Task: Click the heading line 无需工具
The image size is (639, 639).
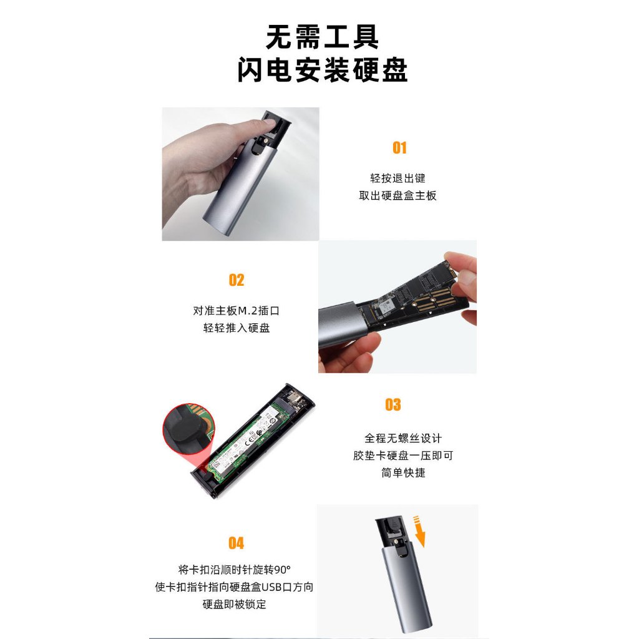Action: click(x=322, y=37)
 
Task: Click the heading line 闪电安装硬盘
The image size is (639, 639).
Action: click(x=323, y=70)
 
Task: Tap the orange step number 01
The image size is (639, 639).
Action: click(x=399, y=147)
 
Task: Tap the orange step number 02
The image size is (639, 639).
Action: click(x=237, y=280)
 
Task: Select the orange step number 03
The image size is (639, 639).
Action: click(x=393, y=404)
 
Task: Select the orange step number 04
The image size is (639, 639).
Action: click(x=237, y=543)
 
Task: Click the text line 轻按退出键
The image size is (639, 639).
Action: click(x=398, y=178)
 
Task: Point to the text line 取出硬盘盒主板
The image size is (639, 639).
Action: click(x=398, y=195)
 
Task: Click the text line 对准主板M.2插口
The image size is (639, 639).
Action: click(x=237, y=311)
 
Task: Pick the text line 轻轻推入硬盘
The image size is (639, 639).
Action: click(x=237, y=328)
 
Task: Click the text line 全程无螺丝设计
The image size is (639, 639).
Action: click(x=403, y=439)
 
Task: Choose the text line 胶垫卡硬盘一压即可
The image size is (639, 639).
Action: click(x=403, y=456)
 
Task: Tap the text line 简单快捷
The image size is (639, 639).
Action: click(x=403, y=473)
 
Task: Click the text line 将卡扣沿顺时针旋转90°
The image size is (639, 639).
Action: click(x=235, y=569)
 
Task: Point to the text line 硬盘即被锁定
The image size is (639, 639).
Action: click(x=235, y=604)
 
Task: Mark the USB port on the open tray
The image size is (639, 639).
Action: click(x=295, y=398)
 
